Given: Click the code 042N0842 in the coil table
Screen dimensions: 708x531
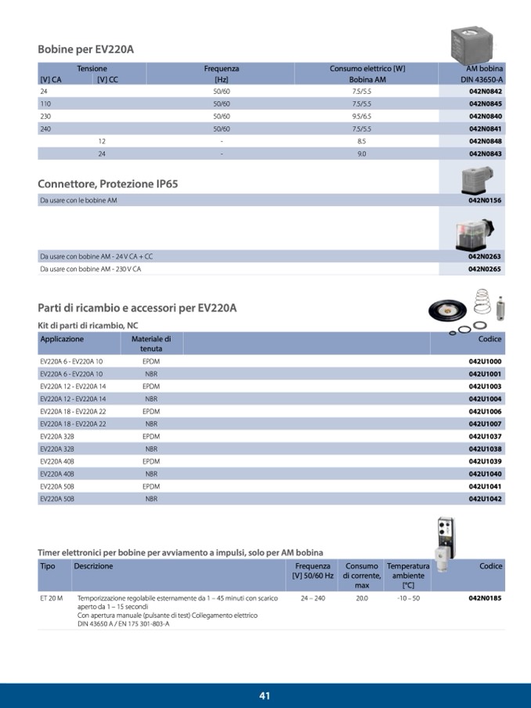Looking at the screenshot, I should coord(486,92).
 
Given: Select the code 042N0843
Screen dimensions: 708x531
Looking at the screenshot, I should coord(486,154).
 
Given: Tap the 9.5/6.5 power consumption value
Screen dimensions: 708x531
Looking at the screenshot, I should coord(361,116).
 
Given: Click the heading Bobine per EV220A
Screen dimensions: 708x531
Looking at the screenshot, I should coord(86,49).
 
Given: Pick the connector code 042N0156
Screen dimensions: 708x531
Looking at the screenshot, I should coord(485,200).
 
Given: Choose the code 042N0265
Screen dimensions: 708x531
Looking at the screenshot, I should coord(485,269).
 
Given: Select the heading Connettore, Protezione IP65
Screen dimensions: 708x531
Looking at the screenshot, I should coord(108,184).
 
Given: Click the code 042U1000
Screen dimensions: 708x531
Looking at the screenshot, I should coord(485,362).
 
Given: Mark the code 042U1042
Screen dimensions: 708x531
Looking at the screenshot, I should coord(485,498).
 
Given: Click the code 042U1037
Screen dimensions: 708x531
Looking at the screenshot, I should coord(485,436).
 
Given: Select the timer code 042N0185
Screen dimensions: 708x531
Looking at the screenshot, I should coord(485,598).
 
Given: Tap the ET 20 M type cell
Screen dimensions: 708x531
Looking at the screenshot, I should coord(51,598).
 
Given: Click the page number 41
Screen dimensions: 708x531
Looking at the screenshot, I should coord(265,695).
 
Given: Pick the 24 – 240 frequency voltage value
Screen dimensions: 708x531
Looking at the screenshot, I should coord(312,598).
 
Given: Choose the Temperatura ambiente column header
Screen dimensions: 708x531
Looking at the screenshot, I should coord(408,576).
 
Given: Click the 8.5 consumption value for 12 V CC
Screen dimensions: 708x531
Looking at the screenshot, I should coord(361,141).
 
